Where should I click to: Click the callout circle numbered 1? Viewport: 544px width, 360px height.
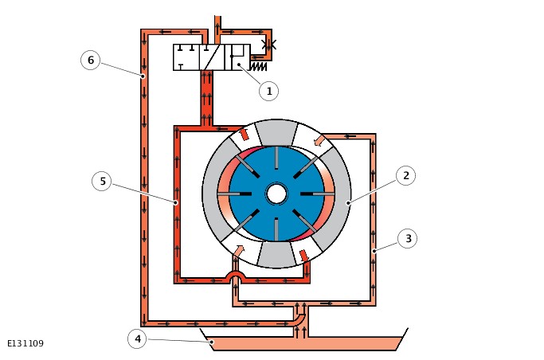click(x=268, y=92)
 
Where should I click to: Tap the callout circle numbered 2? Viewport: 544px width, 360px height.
click(x=405, y=176)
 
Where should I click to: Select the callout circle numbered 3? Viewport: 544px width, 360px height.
click(x=407, y=238)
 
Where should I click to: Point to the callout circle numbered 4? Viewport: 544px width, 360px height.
click(x=137, y=339)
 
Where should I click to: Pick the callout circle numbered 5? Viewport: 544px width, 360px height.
click(x=101, y=182)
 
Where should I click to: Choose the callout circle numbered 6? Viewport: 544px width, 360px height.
click(x=90, y=61)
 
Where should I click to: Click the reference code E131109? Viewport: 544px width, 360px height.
click(x=25, y=344)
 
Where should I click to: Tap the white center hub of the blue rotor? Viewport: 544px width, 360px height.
click(x=276, y=194)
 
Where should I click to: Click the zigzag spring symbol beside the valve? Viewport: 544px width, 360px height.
click(x=258, y=66)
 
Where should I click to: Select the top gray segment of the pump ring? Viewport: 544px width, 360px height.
click(x=276, y=131)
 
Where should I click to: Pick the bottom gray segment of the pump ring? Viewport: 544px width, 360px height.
click(x=276, y=255)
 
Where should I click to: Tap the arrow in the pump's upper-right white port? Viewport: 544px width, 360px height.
click(x=319, y=141)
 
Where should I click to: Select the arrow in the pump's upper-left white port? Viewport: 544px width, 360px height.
click(x=244, y=134)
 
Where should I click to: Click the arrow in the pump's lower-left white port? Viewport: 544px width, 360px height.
click(x=237, y=252)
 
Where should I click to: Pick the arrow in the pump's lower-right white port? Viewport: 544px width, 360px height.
click(x=303, y=255)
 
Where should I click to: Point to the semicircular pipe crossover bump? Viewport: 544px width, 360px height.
click(x=235, y=276)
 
